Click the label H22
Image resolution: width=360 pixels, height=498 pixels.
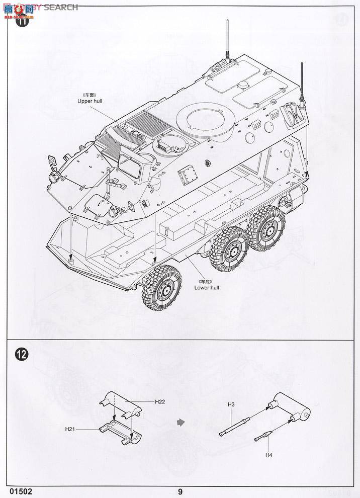pos(160,401)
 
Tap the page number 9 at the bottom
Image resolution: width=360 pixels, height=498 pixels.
pos(179,491)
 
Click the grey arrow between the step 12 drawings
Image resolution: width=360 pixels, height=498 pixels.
pos(181,422)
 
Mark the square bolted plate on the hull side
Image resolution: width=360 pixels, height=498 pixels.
pos(187,176)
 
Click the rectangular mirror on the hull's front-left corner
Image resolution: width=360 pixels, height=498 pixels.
pos(51,161)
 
